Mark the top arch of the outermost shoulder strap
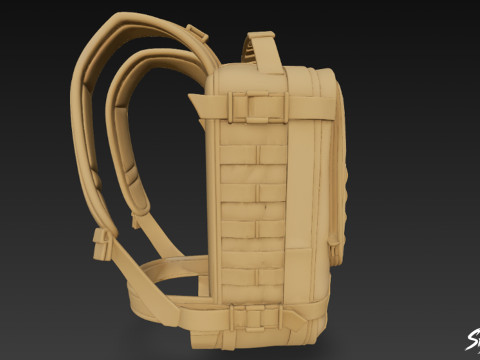[130, 22]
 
